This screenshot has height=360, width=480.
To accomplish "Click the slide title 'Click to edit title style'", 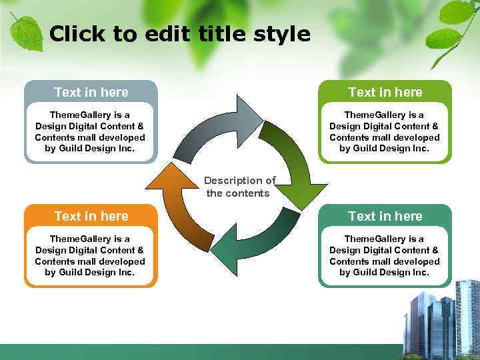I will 179,34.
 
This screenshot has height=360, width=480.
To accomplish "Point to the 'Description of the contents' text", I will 239,187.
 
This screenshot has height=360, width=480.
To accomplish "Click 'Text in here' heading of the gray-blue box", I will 91,92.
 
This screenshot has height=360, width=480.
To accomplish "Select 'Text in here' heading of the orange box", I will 91,216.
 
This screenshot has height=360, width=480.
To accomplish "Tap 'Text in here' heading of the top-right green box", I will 385,92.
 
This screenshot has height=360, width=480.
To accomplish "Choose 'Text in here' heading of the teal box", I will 385,216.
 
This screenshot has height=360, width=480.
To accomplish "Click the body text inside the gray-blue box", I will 90,132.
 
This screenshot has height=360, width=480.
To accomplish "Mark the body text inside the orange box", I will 90,255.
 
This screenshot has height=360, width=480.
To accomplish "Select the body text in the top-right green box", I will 385,132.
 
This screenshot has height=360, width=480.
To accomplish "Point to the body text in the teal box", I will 385,255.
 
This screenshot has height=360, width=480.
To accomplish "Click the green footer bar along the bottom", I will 200,352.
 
